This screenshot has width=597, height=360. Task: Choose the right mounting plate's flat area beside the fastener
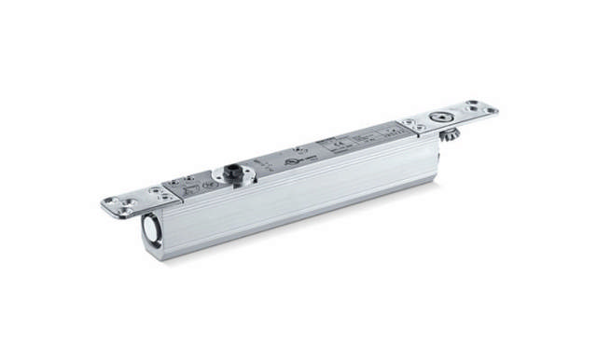click(x=464, y=117)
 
